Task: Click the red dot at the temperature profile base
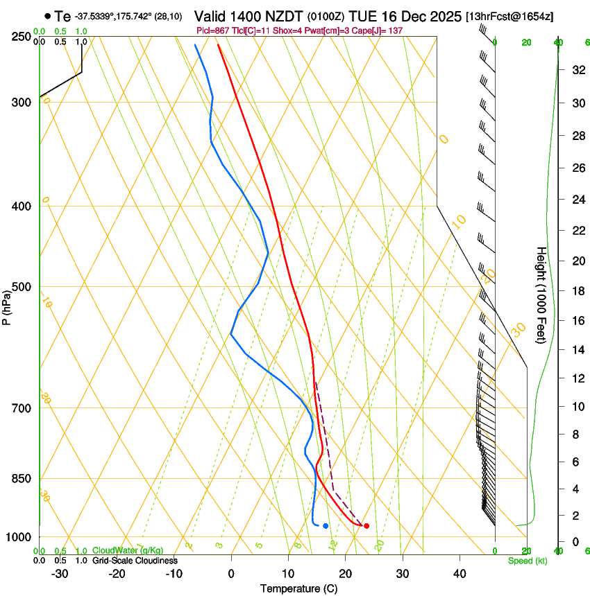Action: pos(366,526)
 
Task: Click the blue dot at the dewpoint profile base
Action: pos(326,526)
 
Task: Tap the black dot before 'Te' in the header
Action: pos(47,16)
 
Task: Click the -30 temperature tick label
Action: pos(60,574)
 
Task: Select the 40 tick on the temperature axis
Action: pos(459,574)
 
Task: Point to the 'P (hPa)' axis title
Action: pos(7,307)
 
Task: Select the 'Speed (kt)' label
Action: pos(528,561)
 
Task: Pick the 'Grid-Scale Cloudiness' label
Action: pos(135,561)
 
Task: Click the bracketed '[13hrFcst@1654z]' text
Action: pos(510,16)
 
